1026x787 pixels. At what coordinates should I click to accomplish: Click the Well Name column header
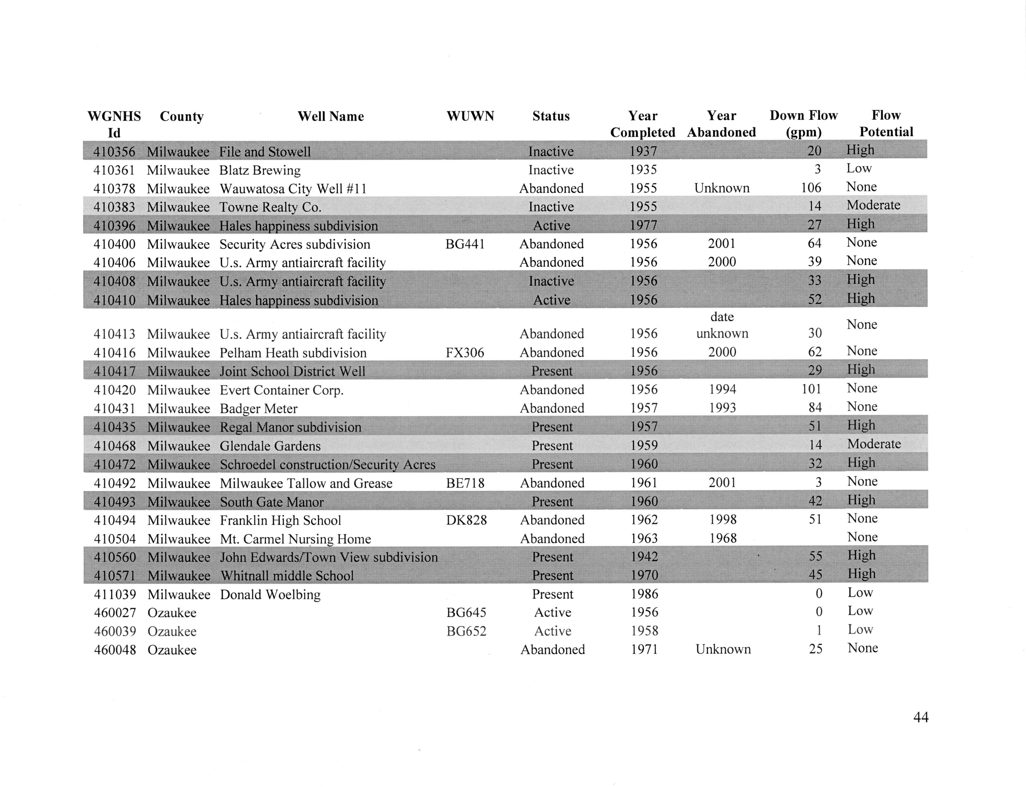(330, 116)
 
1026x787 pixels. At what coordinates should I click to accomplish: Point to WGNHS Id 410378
(114, 189)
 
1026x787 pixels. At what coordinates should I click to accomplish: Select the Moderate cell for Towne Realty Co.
(873, 205)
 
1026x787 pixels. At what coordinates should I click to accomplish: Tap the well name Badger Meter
(259, 409)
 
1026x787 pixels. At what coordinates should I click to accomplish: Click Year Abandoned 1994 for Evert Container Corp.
(722, 389)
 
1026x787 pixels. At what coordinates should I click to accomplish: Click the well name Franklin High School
(280, 520)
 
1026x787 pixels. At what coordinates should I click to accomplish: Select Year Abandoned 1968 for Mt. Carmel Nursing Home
(722, 538)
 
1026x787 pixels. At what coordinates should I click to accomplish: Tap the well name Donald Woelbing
(270, 594)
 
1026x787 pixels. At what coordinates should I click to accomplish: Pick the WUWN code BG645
(466, 612)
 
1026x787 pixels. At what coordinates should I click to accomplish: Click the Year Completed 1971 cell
(644, 649)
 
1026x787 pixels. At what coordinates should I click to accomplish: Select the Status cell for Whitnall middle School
(552, 575)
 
